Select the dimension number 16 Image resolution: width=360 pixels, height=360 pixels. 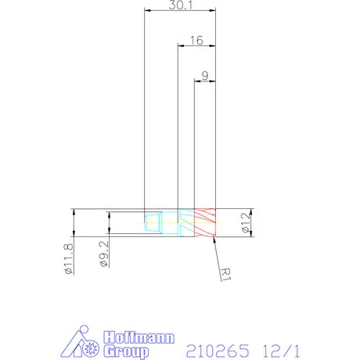196,39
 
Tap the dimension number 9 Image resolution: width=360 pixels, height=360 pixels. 204,75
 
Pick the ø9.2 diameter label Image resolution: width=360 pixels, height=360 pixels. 103,254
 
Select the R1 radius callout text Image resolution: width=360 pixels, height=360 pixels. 227,275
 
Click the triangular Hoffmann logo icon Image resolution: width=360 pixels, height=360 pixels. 80,339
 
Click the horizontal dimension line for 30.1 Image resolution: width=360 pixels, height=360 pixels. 180,12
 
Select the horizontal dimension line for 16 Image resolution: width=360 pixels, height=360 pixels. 196,46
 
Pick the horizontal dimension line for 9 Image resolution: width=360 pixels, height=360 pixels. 204,81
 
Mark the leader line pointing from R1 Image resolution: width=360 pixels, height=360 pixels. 217,254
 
